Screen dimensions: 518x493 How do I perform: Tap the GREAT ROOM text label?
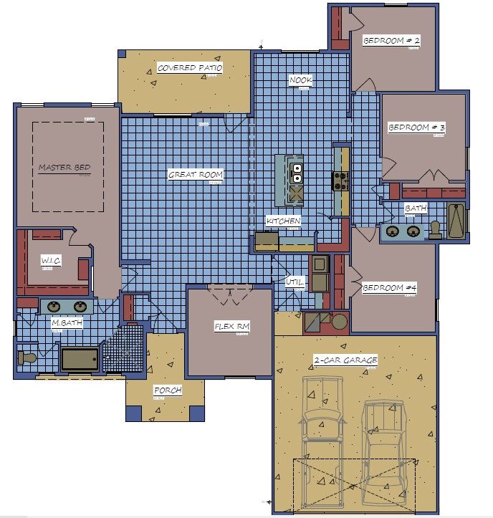pos(195,174)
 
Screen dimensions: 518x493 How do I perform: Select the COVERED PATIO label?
pos(190,68)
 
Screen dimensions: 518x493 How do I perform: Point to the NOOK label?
pos(300,80)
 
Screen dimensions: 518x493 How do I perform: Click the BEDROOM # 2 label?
pos(391,41)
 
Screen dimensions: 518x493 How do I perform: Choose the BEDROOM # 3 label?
pos(416,128)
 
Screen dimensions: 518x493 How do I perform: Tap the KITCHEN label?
pos(283,221)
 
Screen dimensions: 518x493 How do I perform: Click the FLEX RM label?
pos(232,327)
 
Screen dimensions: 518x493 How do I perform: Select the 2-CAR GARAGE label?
pos(345,360)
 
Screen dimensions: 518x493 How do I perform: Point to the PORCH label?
pos(167,391)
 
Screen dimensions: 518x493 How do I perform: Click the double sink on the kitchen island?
pos(297,173)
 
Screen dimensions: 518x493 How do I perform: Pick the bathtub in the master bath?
pos(80,358)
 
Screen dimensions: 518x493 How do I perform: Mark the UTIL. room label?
pos(296,282)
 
